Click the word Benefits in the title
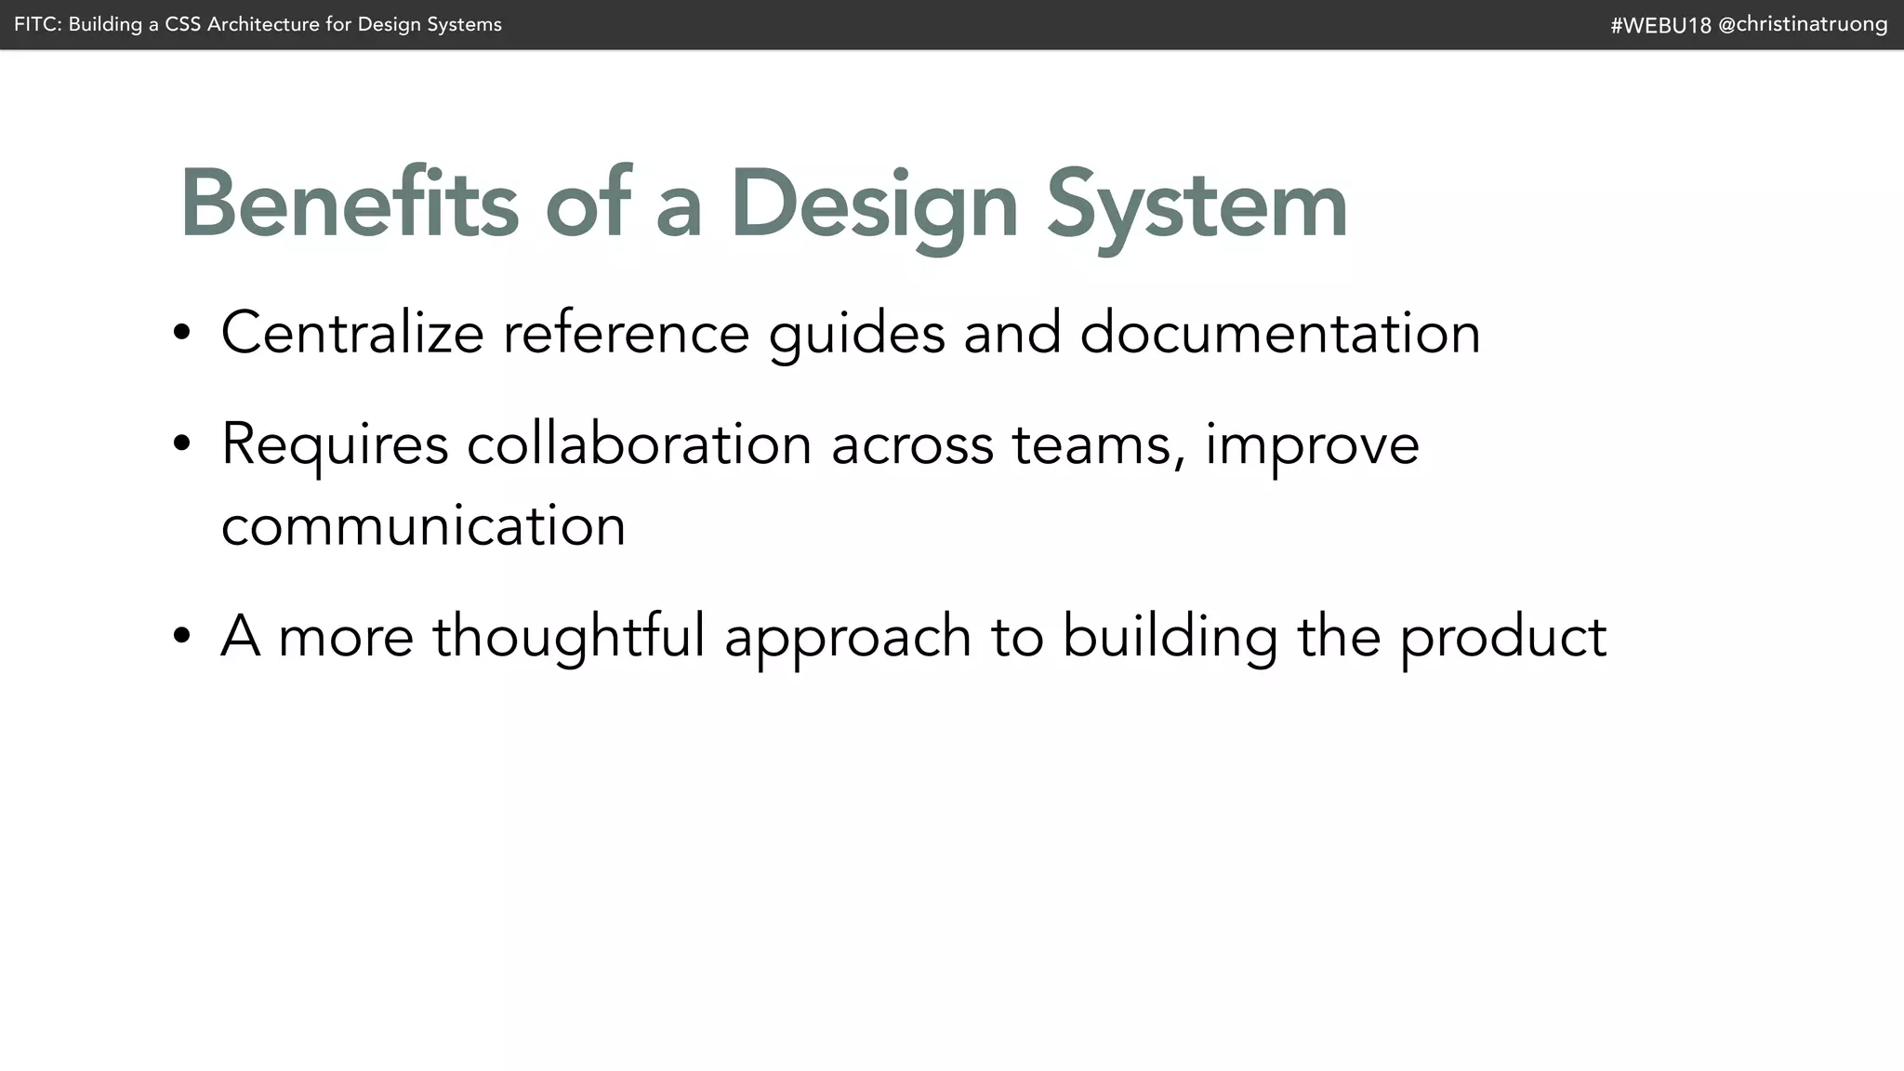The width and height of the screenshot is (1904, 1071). click(x=349, y=205)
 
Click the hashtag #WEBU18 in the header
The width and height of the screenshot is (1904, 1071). click(x=1660, y=25)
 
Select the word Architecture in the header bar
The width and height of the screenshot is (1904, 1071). click(x=263, y=24)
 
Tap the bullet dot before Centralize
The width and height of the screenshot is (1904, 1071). click(x=182, y=333)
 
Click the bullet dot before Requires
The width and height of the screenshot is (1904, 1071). click(x=182, y=444)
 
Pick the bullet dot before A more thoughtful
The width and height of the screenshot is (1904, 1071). click(x=182, y=637)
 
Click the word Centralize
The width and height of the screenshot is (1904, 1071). click(x=352, y=333)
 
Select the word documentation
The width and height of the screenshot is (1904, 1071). click(x=1279, y=333)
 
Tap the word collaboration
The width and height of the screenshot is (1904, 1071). click(x=640, y=444)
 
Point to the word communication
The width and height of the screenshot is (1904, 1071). click(x=423, y=526)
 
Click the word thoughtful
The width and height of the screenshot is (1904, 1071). click(x=569, y=637)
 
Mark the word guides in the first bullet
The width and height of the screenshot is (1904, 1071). click(x=856, y=335)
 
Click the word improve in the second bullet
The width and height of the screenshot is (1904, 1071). click(x=1312, y=446)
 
